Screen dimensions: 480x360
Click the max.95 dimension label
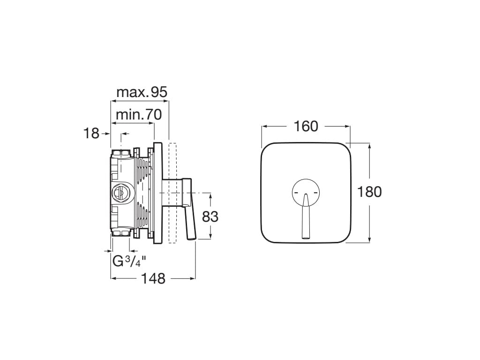[x=142, y=92]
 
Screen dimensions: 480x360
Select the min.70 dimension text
[x=139, y=115]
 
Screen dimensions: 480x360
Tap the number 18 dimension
[x=91, y=134]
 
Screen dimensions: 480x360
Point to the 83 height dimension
[x=210, y=217]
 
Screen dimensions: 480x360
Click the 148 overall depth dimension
[x=153, y=278]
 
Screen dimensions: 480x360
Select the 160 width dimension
[x=306, y=126]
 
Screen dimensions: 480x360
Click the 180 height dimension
[x=369, y=192]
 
